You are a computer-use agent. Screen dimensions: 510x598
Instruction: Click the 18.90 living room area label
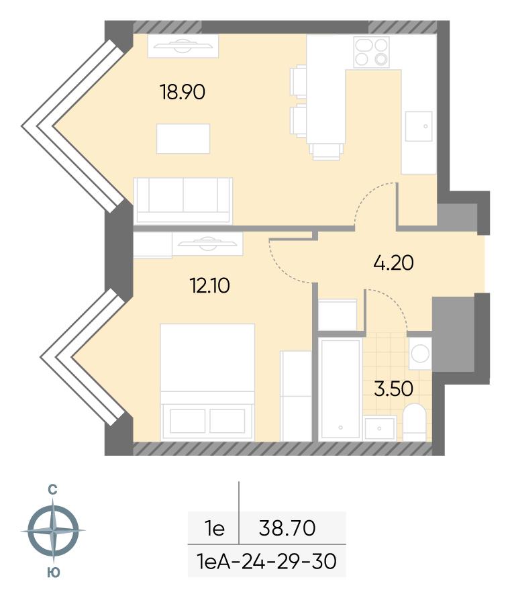click(183, 93)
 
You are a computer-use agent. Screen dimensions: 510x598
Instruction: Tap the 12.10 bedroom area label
click(209, 285)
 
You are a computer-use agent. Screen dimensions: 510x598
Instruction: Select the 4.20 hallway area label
click(393, 263)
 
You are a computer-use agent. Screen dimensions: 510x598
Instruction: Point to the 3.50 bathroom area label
click(394, 389)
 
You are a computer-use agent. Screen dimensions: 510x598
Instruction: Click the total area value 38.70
click(287, 528)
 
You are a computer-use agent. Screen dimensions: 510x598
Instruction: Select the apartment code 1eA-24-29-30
click(266, 561)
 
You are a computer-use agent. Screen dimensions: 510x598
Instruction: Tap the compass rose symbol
click(53, 530)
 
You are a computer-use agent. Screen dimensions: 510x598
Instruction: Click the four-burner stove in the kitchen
click(371, 52)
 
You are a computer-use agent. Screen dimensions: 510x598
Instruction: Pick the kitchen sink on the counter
click(419, 126)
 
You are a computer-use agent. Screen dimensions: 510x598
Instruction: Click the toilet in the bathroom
click(414, 423)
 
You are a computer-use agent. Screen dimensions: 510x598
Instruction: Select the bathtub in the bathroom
click(340, 389)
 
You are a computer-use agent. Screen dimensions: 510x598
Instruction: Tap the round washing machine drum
click(420, 354)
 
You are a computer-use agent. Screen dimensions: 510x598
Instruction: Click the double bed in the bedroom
click(207, 382)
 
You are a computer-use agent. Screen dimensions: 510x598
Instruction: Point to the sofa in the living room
click(183, 200)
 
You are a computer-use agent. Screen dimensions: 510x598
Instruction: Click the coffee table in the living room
click(183, 138)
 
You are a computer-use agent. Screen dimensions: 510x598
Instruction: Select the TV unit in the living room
click(183, 46)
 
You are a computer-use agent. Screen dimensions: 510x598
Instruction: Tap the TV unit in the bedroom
click(207, 244)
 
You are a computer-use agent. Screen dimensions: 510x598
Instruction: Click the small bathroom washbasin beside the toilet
click(380, 428)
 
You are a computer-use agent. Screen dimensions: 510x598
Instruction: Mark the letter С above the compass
click(52, 489)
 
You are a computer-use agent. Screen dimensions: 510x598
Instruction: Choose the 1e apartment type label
click(215, 528)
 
